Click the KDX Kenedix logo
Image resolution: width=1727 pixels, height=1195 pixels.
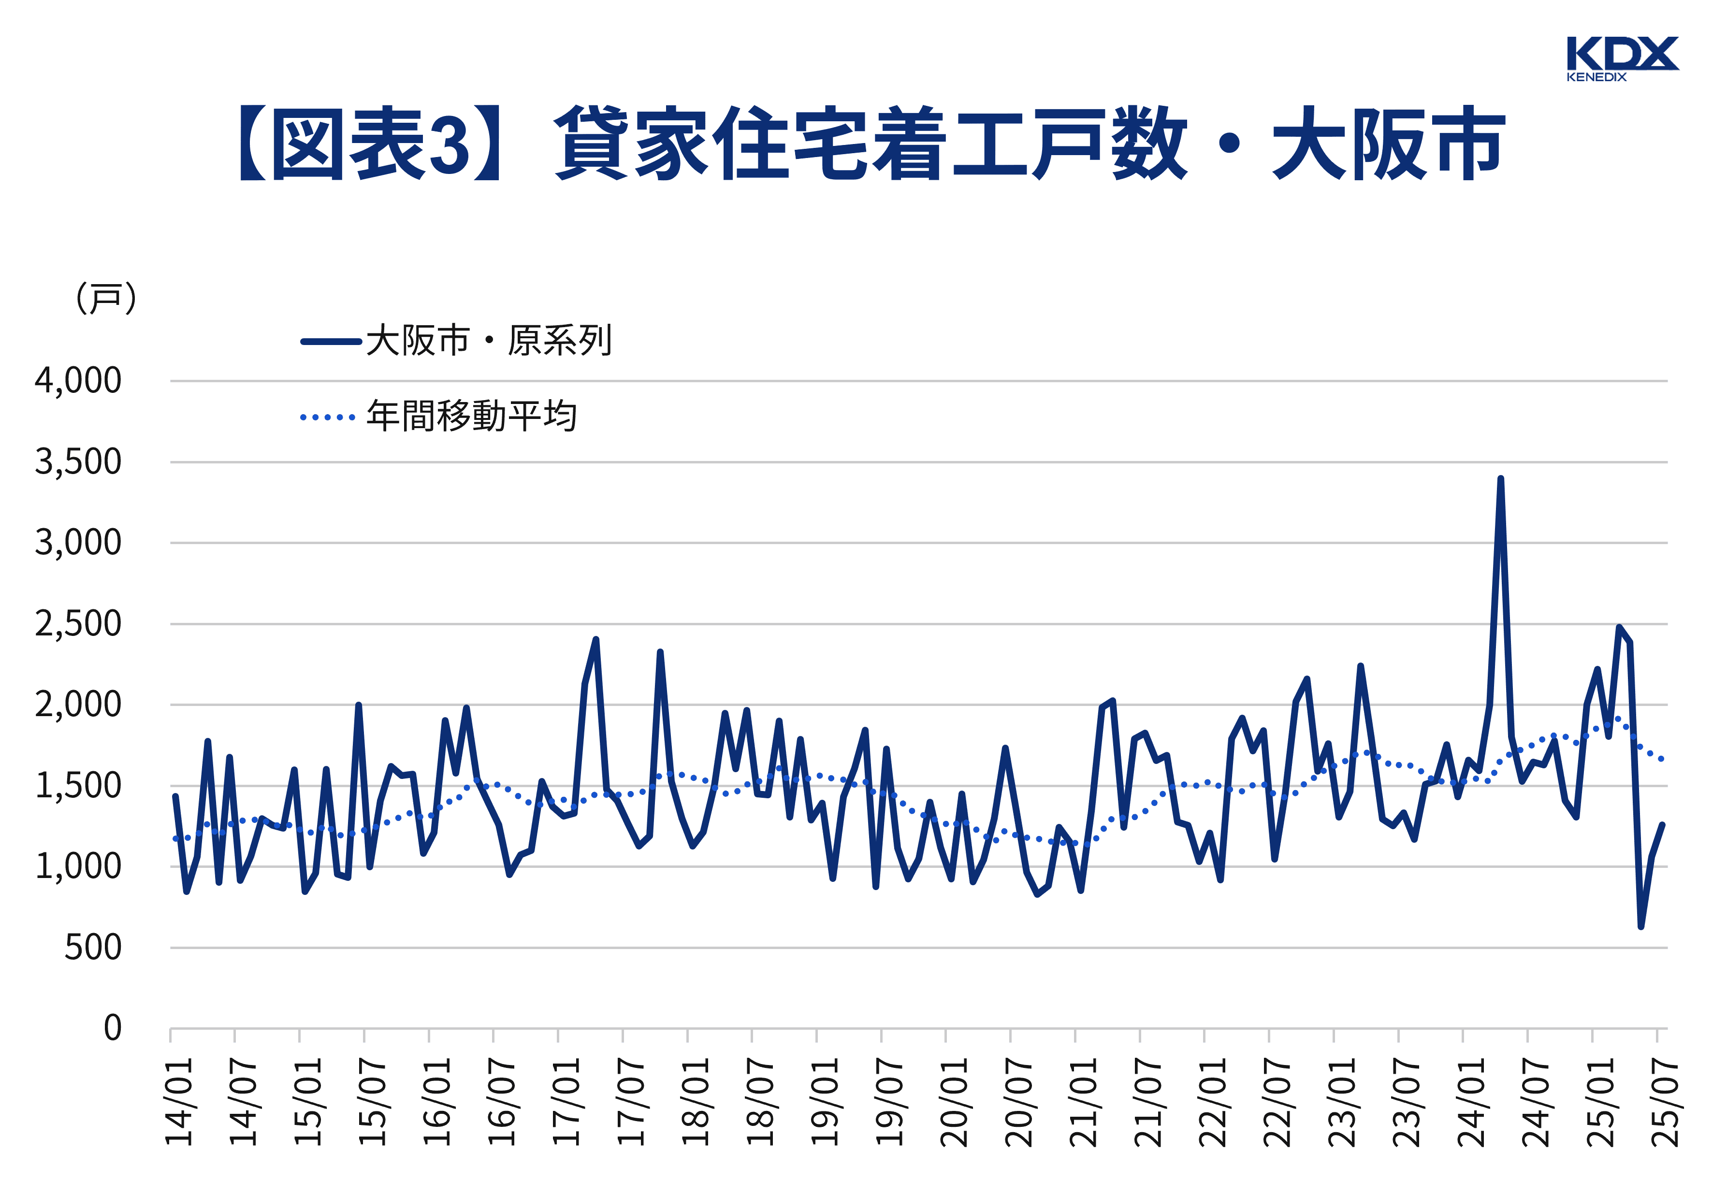click(1622, 58)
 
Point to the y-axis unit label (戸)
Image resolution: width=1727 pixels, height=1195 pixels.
click(105, 299)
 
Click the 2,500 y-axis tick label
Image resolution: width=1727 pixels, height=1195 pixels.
click(78, 624)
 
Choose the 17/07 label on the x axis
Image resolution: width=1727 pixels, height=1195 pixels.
click(631, 1101)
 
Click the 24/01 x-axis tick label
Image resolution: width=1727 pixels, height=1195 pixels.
click(1471, 1101)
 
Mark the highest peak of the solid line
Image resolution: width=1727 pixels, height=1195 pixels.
click(1500, 478)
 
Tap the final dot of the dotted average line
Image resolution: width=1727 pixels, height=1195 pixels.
click(1662, 759)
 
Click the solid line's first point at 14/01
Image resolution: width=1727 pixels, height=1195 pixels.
click(175, 796)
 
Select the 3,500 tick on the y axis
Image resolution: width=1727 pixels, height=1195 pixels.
click(78, 462)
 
